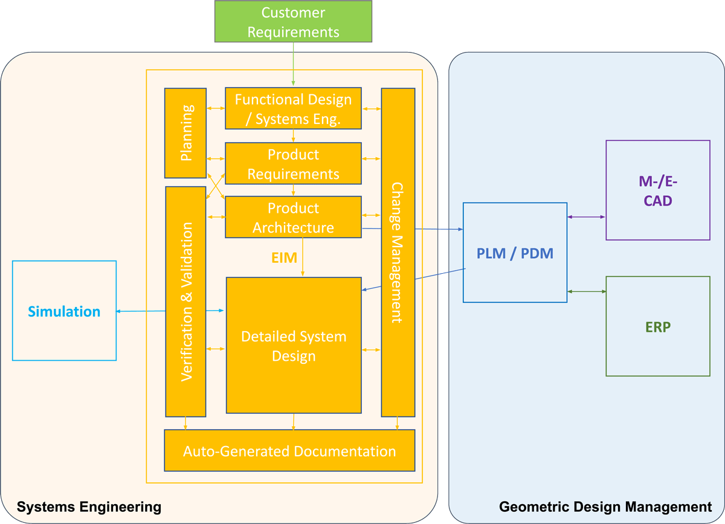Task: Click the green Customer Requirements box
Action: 292,22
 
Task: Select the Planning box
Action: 185,133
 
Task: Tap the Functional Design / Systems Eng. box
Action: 293,109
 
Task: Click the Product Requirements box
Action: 293,164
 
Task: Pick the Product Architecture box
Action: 293,217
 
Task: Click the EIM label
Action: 283,258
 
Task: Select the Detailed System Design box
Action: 293,345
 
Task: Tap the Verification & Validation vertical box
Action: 185,302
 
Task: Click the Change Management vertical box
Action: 398,252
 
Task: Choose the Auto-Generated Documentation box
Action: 289,451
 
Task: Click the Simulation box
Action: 64,311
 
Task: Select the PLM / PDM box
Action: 515,253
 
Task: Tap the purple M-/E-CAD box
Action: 657,190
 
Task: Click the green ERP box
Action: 657,326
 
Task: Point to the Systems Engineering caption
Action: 89,506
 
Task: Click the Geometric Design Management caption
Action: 605,506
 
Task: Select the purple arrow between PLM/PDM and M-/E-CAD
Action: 586,217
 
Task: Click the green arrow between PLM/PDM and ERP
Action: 586,292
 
